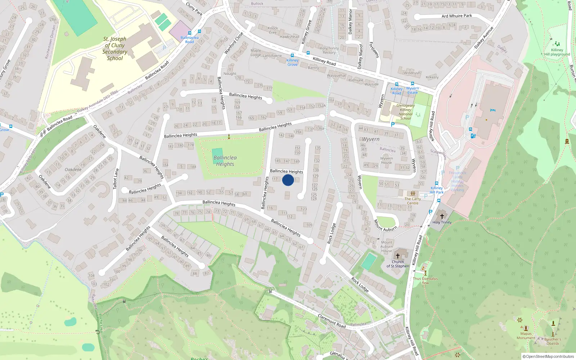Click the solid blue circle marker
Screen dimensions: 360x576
coord(288,180)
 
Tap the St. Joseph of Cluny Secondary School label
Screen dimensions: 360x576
coord(115,49)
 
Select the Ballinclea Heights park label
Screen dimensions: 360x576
coord(225,161)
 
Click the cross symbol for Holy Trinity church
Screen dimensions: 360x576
coord(442,216)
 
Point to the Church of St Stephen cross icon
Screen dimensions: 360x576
coord(398,256)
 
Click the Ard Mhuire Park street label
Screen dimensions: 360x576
coord(456,16)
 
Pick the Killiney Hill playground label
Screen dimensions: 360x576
coord(557,52)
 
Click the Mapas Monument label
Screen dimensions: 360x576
coord(526,336)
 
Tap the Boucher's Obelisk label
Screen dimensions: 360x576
coord(553,341)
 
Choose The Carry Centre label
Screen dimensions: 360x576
coord(413,201)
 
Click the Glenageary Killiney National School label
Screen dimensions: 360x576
coord(405,112)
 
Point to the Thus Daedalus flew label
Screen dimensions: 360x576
coord(425,280)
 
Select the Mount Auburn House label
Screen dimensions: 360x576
coord(387,247)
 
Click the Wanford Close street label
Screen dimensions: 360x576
coord(234,43)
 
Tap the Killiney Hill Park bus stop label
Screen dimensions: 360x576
coord(437,190)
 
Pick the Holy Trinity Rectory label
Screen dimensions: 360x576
coord(329,50)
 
